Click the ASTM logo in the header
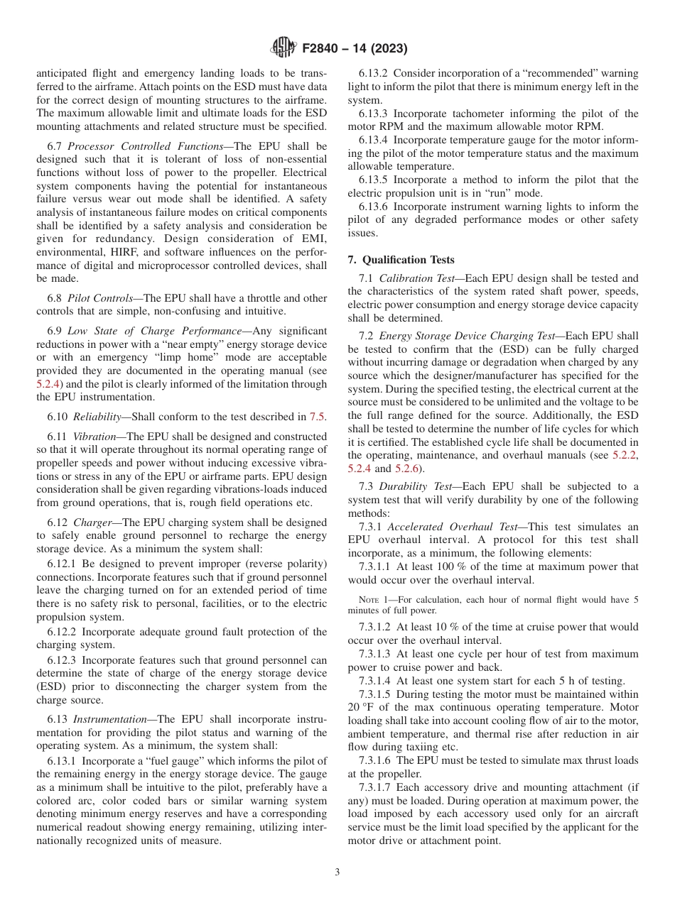pyautogui.click(x=283, y=49)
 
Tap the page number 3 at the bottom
pyautogui.click(x=337, y=872)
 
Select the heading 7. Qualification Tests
pyautogui.click(x=401, y=260)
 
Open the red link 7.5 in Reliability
pyautogui.click(x=318, y=417)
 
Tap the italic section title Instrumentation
pyautogui.click(x=117, y=719)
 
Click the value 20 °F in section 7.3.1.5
pyautogui.click(x=362, y=707)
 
